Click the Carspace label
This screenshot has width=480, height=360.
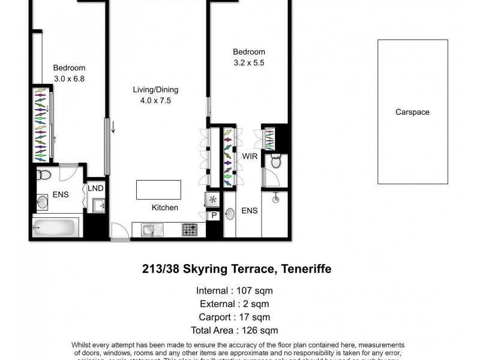[412, 112]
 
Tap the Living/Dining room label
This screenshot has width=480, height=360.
[155, 90]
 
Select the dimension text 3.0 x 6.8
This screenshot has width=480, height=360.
[69, 78]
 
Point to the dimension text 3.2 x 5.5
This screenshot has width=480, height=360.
[249, 62]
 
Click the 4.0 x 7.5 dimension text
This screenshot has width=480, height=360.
[155, 101]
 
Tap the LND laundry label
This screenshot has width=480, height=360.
[95, 188]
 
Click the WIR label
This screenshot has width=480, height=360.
[250, 157]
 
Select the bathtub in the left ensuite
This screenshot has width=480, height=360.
[55, 227]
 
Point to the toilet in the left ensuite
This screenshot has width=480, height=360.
[44, 175]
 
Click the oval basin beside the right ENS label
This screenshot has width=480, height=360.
[230, 213]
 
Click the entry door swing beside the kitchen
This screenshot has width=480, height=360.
[119, 230]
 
